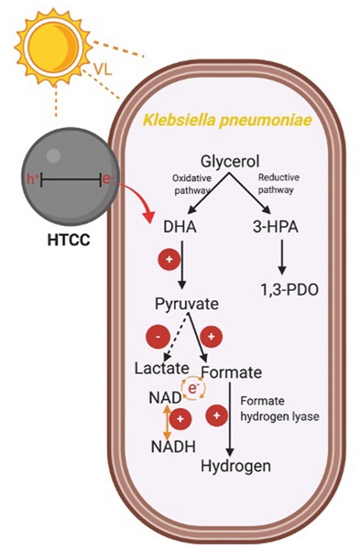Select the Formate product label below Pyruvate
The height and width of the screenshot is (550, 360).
232,372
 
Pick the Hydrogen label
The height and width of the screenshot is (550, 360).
236,465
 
